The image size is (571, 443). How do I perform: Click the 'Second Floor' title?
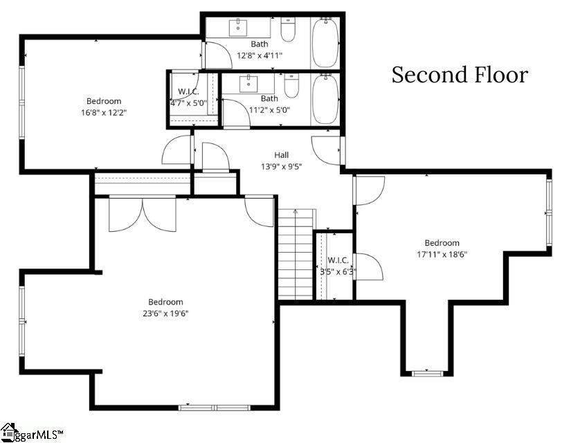pos(460,75)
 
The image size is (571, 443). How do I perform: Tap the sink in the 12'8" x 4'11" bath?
pos(238,28)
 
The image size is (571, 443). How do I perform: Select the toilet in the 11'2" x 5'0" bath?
pos(291,86)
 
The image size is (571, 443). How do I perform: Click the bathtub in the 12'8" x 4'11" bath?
pos(325,43)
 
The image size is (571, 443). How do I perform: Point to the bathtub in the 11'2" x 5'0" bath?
pos(325,99)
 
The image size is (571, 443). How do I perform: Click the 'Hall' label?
pos(282,155)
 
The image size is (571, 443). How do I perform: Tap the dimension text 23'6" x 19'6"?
pos(165,314)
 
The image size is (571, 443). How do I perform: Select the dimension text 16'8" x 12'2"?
pos(104,112)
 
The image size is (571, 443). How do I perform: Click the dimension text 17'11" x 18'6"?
pos(442,254)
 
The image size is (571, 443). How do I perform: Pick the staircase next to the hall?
pos(296,254)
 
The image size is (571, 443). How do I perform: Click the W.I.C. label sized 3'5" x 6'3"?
pos(338,260)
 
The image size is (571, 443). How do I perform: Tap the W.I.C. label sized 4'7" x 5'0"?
pos(188,91)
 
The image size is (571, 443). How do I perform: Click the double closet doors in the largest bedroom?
pos(143,215)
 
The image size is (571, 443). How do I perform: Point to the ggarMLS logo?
pos(32,433)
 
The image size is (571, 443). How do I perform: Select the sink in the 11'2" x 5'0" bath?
pos(248,84)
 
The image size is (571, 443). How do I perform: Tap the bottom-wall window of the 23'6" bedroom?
pos(215,408)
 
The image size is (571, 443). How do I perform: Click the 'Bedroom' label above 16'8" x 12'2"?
pos(104,101)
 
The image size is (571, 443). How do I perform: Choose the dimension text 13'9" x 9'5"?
pos(282,167)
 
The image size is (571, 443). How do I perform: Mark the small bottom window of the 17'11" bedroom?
pos(427,373)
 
